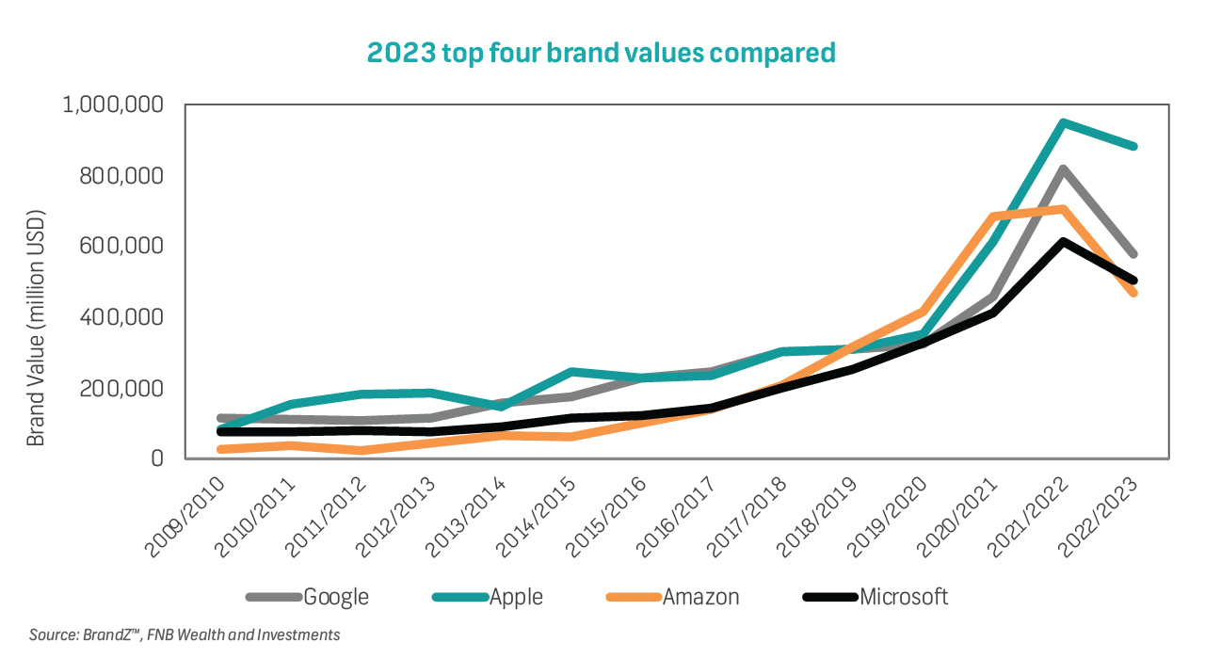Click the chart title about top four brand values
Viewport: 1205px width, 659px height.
coord(601,53)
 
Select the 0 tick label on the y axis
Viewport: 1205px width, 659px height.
coord(159,458)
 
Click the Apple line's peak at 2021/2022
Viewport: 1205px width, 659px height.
coord(1063,122)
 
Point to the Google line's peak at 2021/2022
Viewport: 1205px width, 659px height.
coord(1063,169)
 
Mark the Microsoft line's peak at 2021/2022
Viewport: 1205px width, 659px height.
coord(1063,242)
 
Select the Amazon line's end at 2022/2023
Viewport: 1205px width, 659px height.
coord(1134,293)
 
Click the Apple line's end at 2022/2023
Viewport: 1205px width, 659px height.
coord(1134,146)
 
